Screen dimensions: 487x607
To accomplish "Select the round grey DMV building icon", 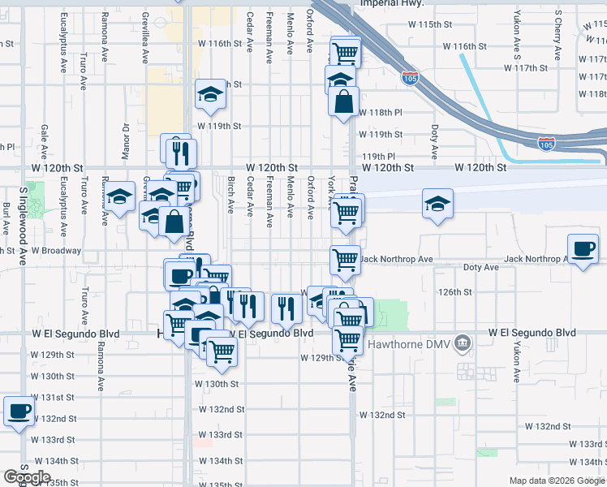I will [x=463, y=343].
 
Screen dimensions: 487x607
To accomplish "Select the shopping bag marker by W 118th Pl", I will [x=344, y=101].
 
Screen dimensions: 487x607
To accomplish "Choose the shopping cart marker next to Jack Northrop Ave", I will [x=345, y=260].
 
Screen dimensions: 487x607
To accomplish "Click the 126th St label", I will [x=454, y=291].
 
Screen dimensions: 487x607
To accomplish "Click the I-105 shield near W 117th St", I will [x=410, y=79].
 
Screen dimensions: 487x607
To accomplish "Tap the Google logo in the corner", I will [x=26, y=477].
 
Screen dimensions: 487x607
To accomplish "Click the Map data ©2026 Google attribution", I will [x=557, y=481].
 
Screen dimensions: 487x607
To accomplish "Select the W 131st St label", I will [x=57, y=397].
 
